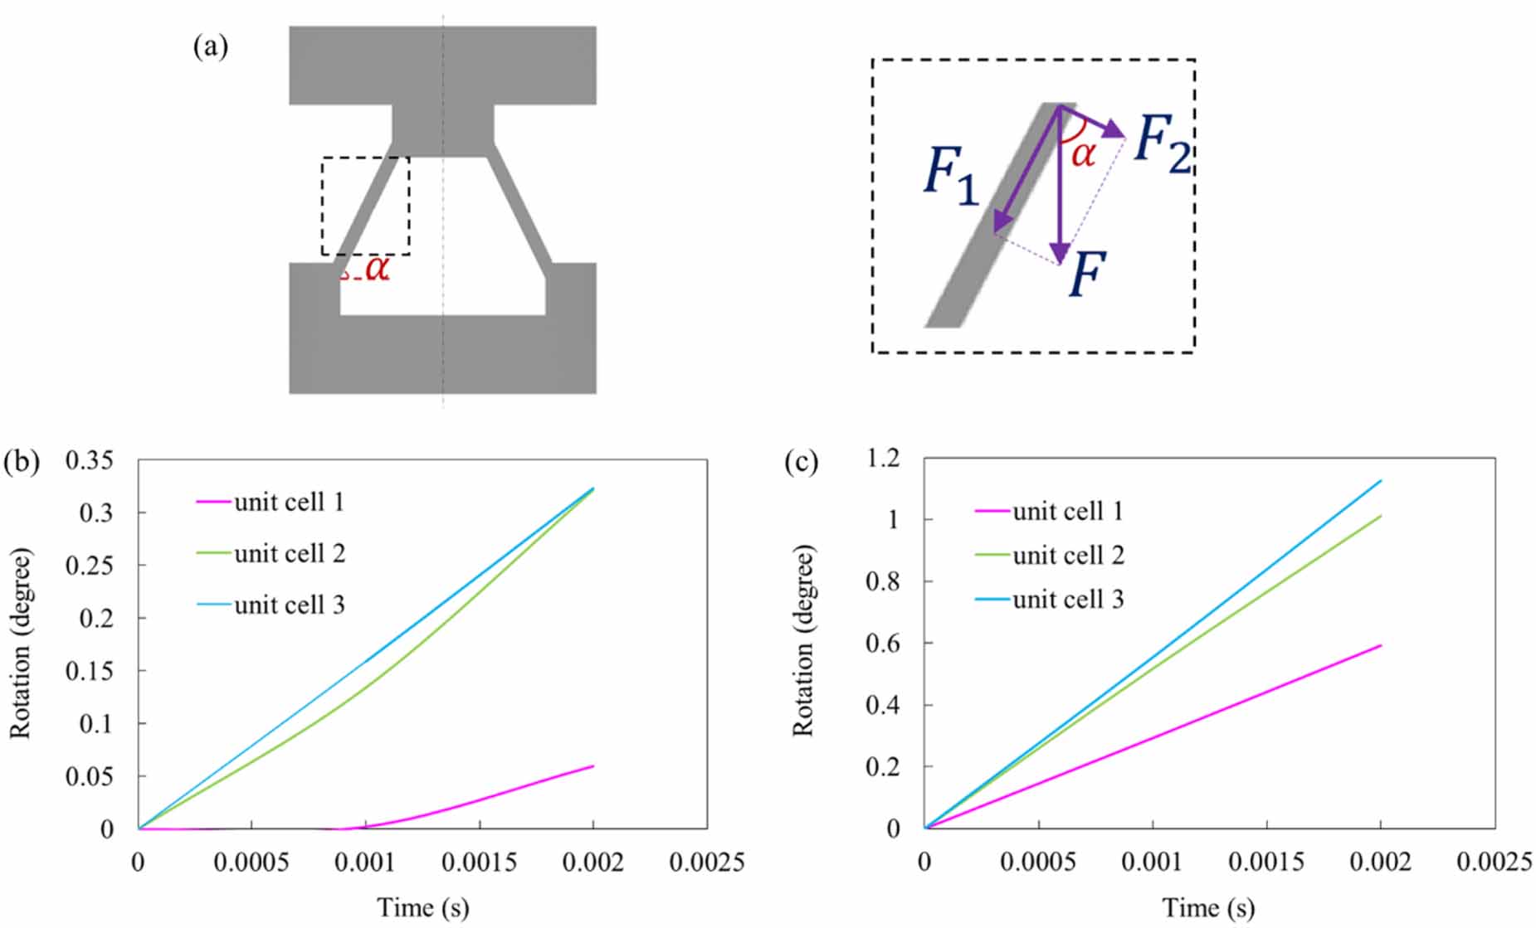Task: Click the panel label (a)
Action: [210, 46]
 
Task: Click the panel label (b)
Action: [22, 462]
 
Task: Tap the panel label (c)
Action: [801, 462]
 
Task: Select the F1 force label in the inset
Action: [951, 177]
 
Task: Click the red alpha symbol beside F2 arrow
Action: [1083, 154]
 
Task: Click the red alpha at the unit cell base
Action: [377, 268]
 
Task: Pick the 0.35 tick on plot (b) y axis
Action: [89, 460]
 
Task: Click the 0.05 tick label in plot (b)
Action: [89, 776]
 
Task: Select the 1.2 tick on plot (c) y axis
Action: [883, 459]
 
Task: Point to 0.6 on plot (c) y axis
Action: [883, 644]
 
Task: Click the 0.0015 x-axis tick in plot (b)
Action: [479, 862]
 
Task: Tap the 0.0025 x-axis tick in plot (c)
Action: [1494, 862]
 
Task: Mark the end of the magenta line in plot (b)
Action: [592, 766]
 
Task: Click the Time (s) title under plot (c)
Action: [1207, 908]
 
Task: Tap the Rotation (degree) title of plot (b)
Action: [20, 643]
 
